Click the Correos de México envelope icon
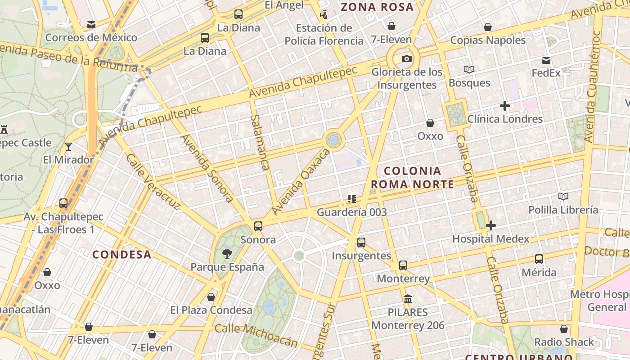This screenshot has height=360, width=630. [91, 25]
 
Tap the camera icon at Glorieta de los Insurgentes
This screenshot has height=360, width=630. [406, 59]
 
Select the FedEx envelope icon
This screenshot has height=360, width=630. [546, 60]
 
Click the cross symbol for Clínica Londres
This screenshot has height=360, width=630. [505, 106]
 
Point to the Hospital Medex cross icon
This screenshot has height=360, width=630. [491, 225]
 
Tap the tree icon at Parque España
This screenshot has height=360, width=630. [227, 254]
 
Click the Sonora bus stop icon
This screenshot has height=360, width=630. [258, 226]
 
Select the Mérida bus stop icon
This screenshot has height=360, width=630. [539, 259]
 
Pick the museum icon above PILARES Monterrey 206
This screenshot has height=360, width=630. [408, 299]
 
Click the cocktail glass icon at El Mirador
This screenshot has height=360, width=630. [68, 146]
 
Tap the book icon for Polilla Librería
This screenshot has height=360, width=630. [563, 196]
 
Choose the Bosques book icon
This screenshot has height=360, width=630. [469, 70]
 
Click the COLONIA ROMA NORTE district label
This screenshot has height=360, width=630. [412, 177]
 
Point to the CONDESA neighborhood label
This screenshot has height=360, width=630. [122, 255]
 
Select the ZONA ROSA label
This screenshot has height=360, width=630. [377, 7]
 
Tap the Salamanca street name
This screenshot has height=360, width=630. [260, 142]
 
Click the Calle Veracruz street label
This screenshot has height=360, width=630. [153, 182]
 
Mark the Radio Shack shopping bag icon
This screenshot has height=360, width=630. [564, 329]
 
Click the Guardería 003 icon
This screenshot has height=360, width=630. [352, 198]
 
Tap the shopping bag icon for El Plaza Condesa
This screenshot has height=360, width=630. [211, 297]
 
